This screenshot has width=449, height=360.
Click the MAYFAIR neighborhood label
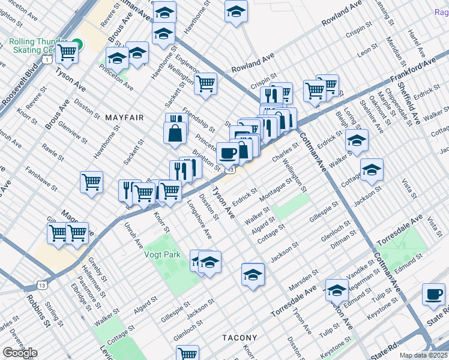click(x=125, y=118)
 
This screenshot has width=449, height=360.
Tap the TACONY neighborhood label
click(x=240, y=338)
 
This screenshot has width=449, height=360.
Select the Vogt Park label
click(x=162, y=254)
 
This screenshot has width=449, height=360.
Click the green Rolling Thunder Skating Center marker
click(x=77, y=44)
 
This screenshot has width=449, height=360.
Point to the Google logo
click(x=20, y=352)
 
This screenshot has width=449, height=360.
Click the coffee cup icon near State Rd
click(x=433, y=295)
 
